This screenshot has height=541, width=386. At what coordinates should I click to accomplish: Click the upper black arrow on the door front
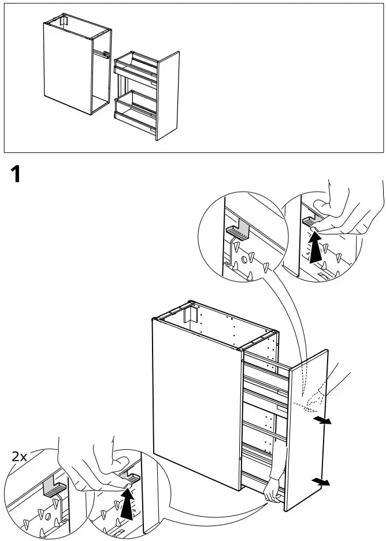tap(324, 420)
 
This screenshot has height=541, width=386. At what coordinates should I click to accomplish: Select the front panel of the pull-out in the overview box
tap(168, 95)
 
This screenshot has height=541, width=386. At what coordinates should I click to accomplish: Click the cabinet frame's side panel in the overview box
tap(66, 66)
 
